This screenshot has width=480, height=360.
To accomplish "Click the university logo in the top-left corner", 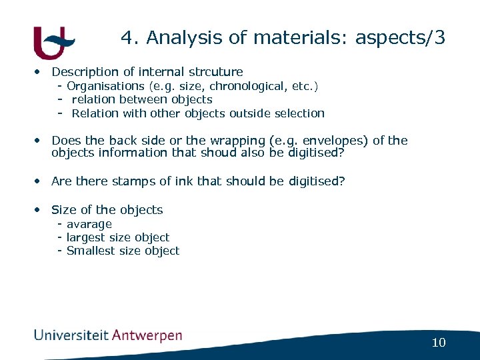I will click(53, 42).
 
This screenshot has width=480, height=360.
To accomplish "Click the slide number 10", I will click(438, 343).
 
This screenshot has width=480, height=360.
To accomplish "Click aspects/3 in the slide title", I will click(400, 39).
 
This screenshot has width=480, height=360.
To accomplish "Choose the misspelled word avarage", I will click(89, 224).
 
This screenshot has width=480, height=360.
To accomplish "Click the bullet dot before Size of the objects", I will click(41, 209).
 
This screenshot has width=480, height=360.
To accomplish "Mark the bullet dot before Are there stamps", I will click(41, 181).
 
